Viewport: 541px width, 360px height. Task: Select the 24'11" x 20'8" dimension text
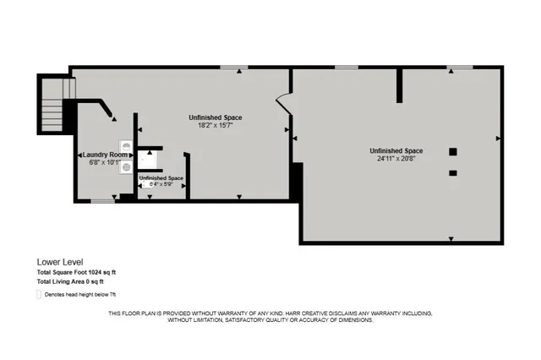coord(396,157)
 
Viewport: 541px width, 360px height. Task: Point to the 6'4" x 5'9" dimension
coord(161,185)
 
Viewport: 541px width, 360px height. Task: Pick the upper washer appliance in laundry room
coord(126,145)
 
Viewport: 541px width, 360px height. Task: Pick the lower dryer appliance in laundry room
coord(126,166)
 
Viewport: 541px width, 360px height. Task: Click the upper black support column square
coord(453,151)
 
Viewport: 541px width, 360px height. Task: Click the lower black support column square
coord(453,172)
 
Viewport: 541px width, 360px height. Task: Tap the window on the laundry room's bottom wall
coord(103,200)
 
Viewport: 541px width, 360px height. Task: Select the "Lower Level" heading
coord(59,262)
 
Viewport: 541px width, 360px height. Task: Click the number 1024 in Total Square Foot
coord(97,272)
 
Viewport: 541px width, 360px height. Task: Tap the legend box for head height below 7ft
coord(39,294)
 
